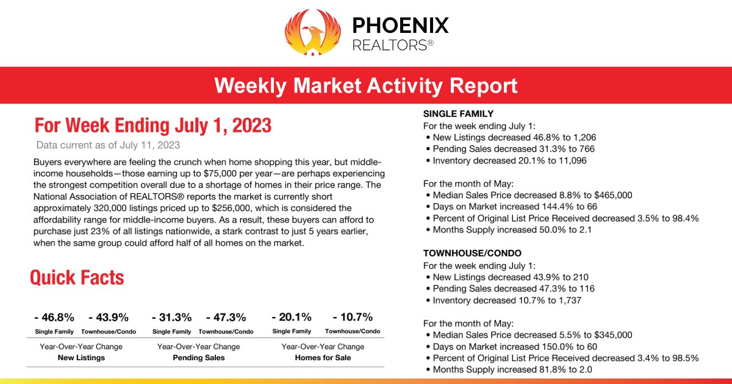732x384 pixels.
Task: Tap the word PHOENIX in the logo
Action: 400,25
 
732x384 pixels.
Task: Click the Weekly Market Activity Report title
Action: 366,85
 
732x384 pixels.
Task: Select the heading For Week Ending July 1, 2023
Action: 153,126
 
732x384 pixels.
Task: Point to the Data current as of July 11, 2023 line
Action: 108,145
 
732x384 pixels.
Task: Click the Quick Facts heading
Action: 77,278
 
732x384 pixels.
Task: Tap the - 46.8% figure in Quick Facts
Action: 54,317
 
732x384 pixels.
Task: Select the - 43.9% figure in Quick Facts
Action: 108,317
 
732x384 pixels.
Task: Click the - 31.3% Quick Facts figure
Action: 171,317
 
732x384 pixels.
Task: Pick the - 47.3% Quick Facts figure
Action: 226,317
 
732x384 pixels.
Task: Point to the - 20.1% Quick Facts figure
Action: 292,317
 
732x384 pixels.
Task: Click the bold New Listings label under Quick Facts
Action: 81,358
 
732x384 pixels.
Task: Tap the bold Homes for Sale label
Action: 323,358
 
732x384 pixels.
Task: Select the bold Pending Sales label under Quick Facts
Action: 198,358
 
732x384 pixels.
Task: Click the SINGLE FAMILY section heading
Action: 458,114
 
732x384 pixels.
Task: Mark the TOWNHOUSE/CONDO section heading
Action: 472,253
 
